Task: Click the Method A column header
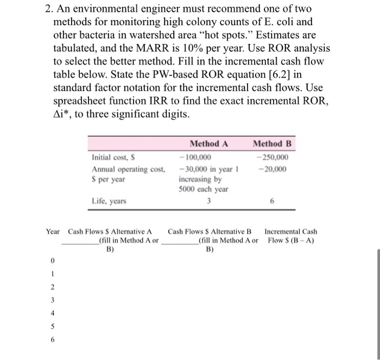(209, 144)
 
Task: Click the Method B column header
(273, 144)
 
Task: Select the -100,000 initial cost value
(195, 158)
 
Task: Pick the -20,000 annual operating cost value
(275, 169)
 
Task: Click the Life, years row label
(109, 201)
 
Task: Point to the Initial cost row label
(111, 158)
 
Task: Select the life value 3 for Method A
(208, 201)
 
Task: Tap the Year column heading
(53, 232)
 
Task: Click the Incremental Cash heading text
(291, 232)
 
